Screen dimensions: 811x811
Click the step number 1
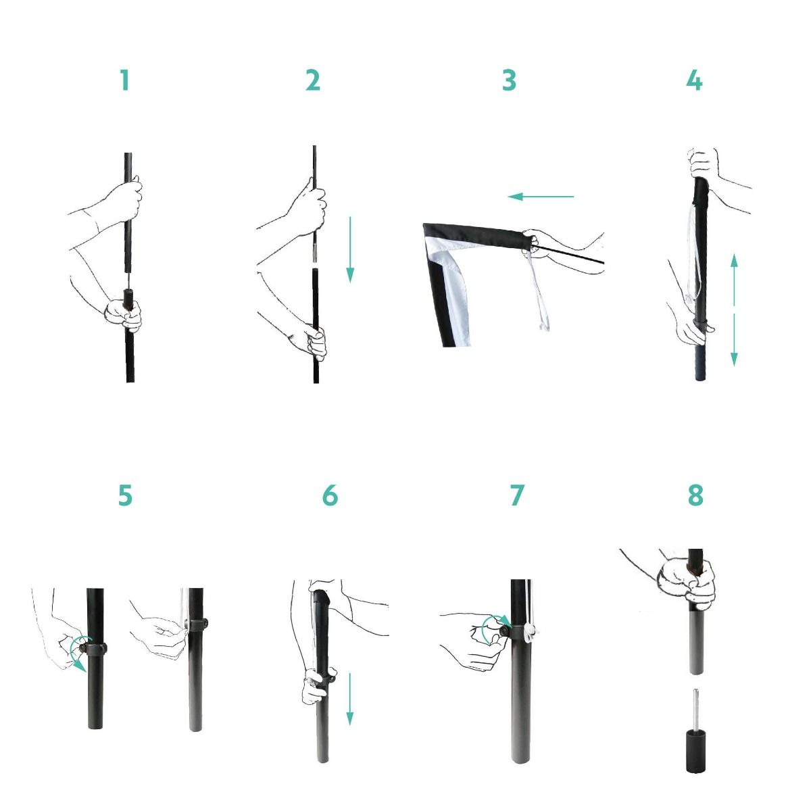pos(124,80)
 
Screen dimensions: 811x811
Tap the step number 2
pos(313,80)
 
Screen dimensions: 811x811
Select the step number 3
pos(509,80)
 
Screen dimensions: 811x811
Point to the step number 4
pos(694,80)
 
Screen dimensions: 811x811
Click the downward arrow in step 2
pos(350,249)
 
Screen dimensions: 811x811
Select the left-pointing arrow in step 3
pos(541,196)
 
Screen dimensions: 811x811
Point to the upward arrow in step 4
pos(734,279)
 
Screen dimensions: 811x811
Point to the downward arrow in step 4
pos(734,339)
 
